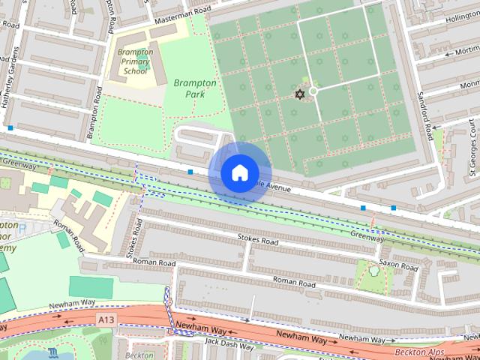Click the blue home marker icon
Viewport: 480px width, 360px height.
(x=238, y=173)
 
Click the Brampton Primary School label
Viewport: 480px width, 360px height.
(x=136, y=61)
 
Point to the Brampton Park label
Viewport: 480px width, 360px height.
(x=195, y=89)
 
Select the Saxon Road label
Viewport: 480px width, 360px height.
(x=398, y=265)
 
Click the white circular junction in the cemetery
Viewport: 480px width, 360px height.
(x=313, y=91)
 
